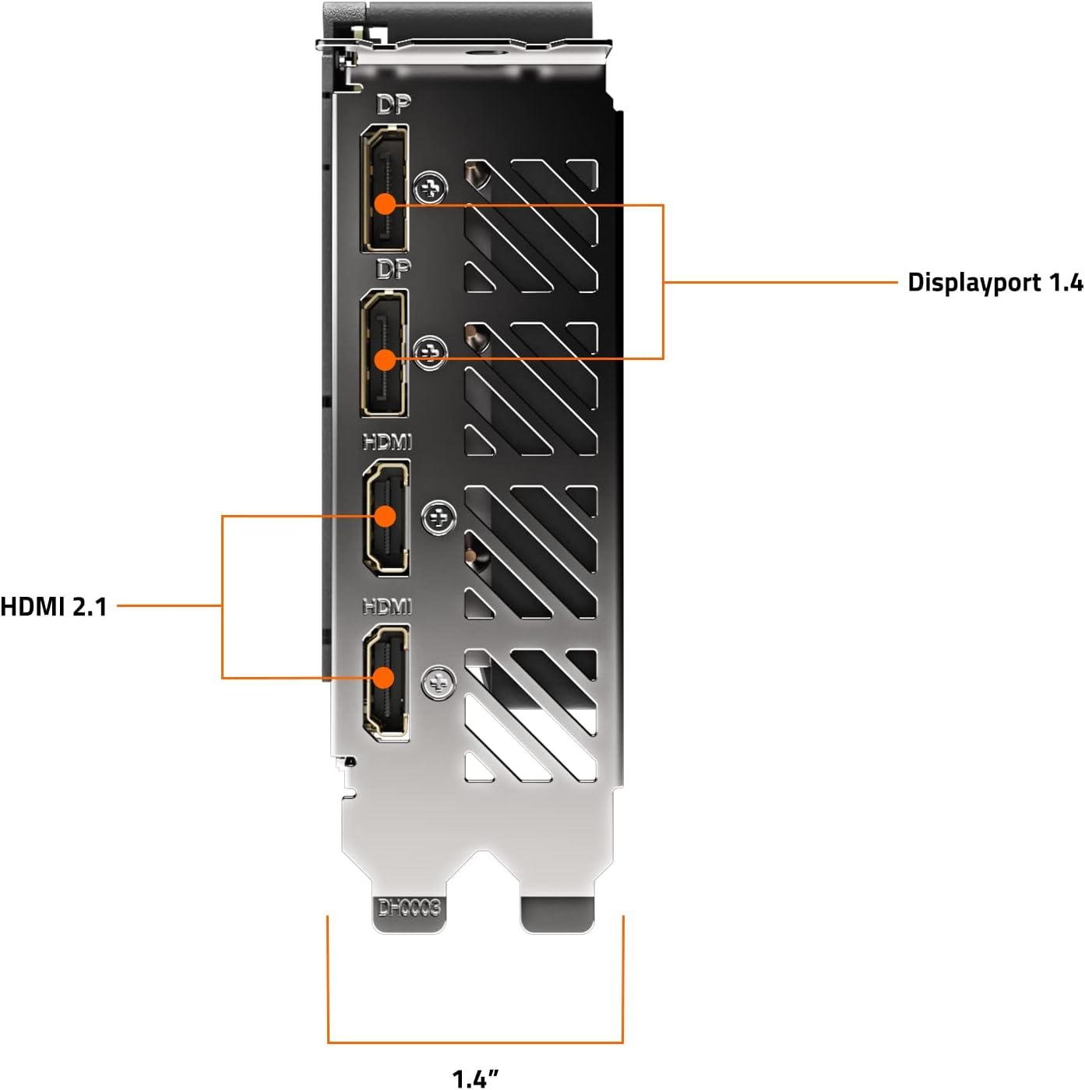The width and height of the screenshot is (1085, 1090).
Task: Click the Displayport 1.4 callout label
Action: click(x=995, y=282)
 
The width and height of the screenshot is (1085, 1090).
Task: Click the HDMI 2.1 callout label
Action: click(x=54, y=606)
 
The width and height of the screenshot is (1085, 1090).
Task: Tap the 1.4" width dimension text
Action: click(x=474, y=1078)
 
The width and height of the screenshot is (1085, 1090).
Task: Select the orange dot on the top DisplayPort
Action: click(x=385, y=204)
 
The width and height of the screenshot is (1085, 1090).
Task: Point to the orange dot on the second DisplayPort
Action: click(x=385, y=359)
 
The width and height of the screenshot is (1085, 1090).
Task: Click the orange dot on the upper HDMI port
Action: click(x=385, y=516)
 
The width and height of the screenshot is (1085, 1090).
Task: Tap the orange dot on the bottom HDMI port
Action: click(x=383, y=677)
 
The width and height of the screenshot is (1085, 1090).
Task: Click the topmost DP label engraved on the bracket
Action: click(x=393, y=104)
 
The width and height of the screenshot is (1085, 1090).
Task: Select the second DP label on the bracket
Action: click(x=393, y=270)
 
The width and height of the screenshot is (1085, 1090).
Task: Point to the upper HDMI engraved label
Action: click(x=387, y=443)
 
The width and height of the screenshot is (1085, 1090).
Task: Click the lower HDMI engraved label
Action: click(x=387, y=606)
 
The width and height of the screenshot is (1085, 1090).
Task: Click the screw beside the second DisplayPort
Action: click(x=431, y=353)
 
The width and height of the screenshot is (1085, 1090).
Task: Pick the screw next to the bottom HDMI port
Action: click(x=439, y=683)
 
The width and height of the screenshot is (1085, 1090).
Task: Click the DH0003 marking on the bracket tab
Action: click(x=409, y=908)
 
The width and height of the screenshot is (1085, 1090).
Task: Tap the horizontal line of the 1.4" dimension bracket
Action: click(x=475, y=1042)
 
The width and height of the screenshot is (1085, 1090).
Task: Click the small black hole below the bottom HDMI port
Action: click(x=351, y=761)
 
